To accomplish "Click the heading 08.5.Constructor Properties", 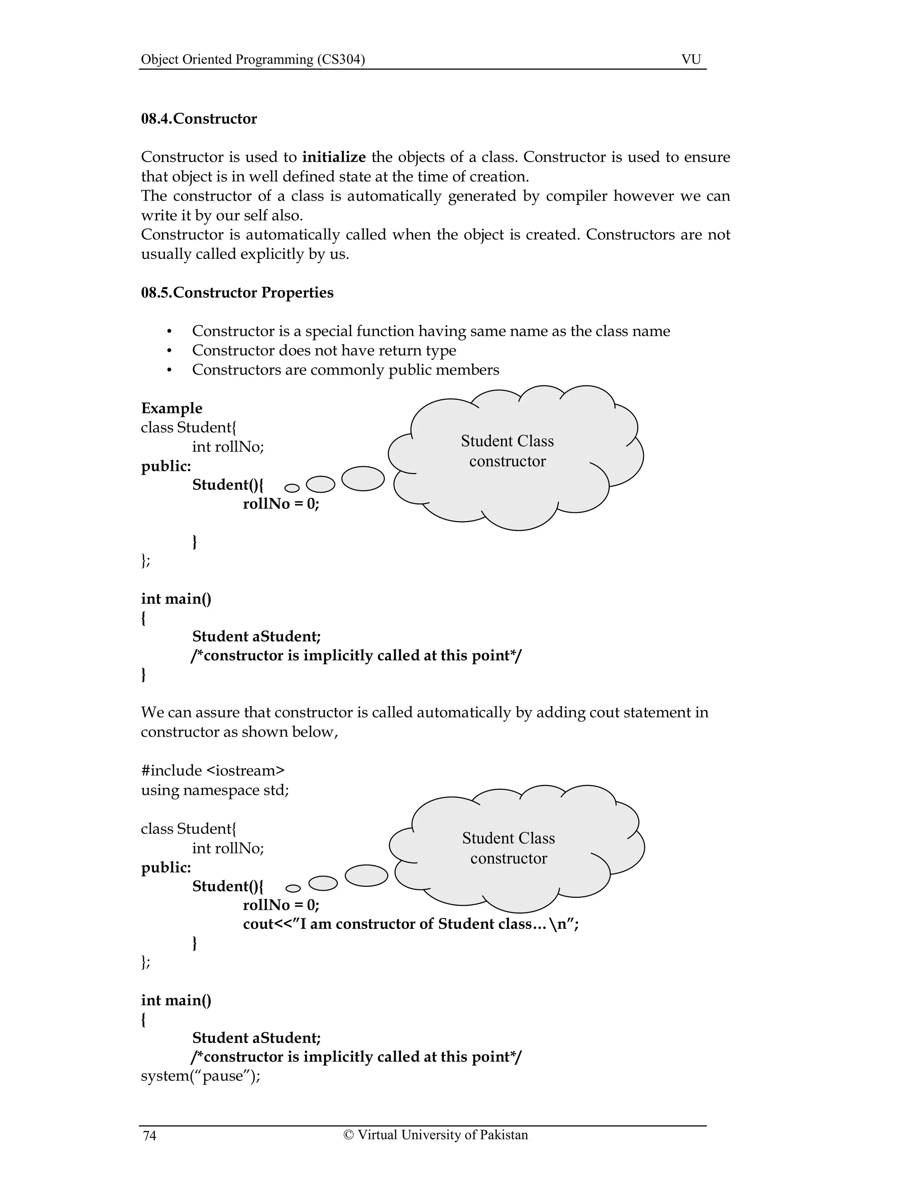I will click(237, 292).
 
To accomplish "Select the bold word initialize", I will click(334, 157).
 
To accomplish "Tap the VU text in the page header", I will click(691, 59).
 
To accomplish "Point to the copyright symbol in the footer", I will click(348, 1134).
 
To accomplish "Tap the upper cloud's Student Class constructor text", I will click(507, 451).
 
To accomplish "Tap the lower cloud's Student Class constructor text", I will click(509, 848).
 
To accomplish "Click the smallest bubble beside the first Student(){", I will click(292, 488).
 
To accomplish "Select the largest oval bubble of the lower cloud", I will click(366, 875).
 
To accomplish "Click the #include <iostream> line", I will click(212, 770).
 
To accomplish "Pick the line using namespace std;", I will click(215, 790).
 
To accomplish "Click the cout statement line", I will click(410, 924).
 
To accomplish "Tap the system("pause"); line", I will click(200, 1076).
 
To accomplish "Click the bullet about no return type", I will click(323, 350).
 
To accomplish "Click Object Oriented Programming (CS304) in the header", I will click(253, 59).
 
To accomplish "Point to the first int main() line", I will click(176, 599).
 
